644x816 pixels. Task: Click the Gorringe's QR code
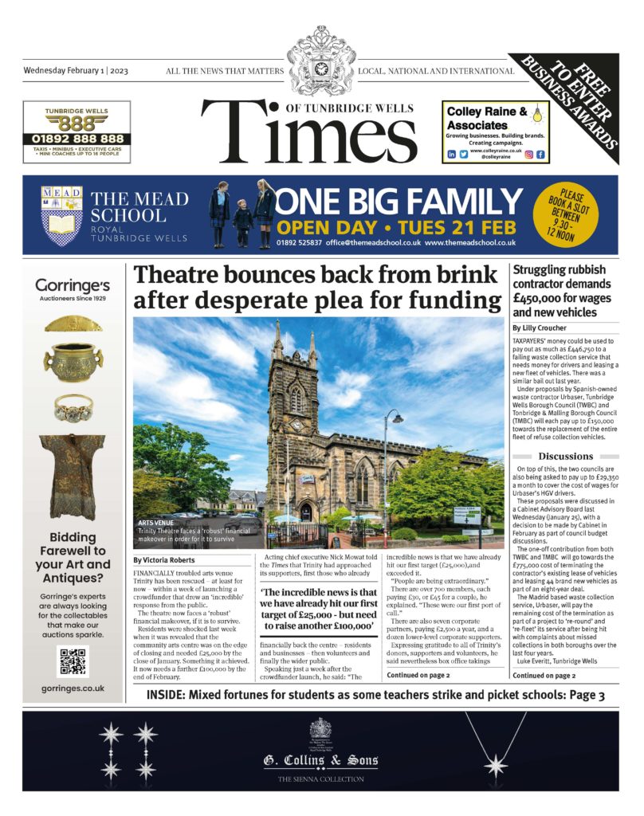pyautogui.click(x=73, y=661)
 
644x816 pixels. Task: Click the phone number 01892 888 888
pyautogui.click(x=73, y=138)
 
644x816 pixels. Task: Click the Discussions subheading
pyautogui.click(x=565, y=456)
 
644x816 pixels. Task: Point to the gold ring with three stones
pyautogui.click(x=73, y=408)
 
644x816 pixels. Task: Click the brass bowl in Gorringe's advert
pyautogui.click(x=73, y=363)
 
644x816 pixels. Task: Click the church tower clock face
pyautogui.click(x=296, y=425)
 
